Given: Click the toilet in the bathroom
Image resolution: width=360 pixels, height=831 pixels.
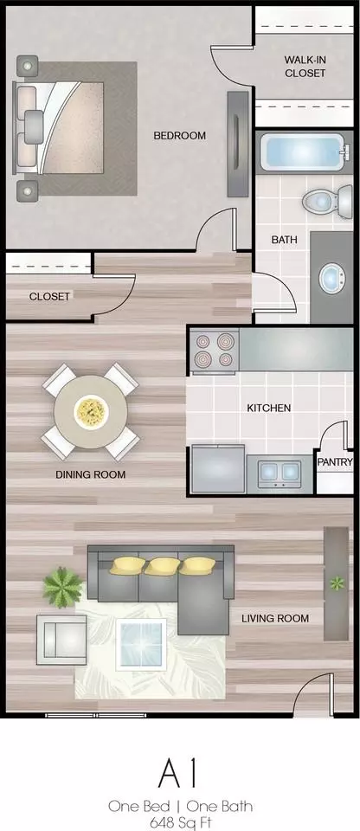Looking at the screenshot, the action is click(x=328, y=201).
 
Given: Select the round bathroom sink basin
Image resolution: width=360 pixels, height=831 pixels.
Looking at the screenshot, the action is click(x=332, y=278).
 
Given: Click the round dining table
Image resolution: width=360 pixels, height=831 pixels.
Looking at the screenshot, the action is click(x=91, y=412).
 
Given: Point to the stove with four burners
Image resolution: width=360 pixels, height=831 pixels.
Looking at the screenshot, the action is click(x=215, y=351).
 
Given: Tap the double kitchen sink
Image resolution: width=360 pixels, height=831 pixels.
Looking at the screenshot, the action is click(x=280, y=473).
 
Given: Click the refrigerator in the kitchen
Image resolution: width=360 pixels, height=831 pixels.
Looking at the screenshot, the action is click(x=218, y=469).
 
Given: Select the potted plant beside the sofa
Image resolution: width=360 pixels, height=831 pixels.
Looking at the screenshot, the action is click(x=63, y=587).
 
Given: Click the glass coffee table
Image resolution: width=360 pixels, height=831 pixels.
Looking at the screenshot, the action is click(x=141, y=644).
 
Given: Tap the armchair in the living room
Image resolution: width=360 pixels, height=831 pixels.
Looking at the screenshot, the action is click(x=61, y=640).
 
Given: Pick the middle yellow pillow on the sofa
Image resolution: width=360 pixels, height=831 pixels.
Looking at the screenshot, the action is click(x=162, y=566).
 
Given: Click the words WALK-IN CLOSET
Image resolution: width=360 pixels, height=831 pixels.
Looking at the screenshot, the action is click(x=305, y=67).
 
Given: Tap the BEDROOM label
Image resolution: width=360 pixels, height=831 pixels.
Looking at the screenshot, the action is click(x=180, y=136).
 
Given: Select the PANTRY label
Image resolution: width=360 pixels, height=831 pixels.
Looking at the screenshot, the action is click(x=335, y=462).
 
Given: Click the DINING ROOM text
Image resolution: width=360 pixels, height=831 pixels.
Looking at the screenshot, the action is click(x=91, y=474).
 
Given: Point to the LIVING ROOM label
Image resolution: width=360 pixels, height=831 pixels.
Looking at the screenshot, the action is click(x=275, y=618).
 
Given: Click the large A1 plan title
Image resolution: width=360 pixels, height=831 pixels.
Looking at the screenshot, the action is click(x=177, y=774).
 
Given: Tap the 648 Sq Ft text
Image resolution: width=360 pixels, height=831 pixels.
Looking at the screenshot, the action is click(x=180, y=823).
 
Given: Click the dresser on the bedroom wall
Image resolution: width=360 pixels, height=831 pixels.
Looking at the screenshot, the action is click(x=238, y=145).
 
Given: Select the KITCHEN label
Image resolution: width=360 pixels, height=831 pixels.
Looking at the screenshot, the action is click(x=269, y=408).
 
